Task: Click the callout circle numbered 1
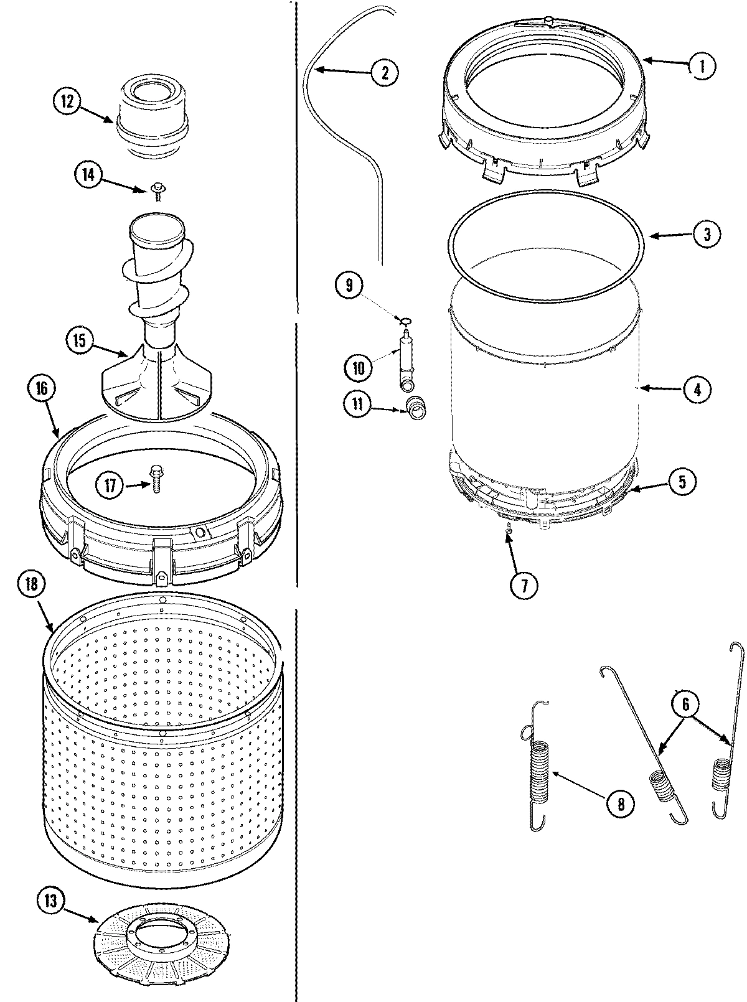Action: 701,65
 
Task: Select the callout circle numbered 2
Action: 384,73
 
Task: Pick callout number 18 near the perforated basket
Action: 32,584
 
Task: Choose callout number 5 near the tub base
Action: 682,481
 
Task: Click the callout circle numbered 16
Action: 42,388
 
